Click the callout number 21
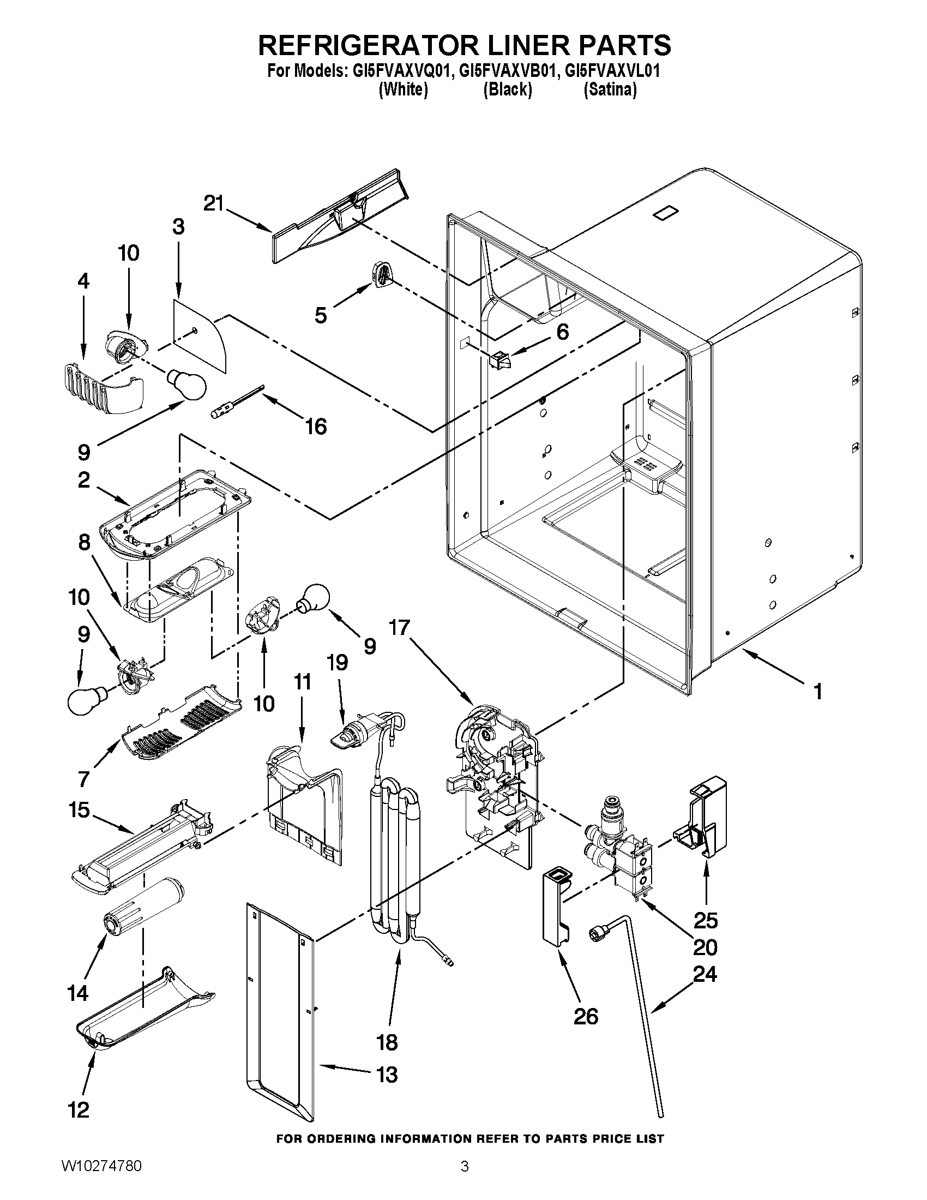point(214,204)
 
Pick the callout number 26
point(586,1017)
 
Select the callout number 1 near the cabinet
point(818,692)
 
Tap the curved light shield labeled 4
point(101,387)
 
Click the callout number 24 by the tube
point(705,975)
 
